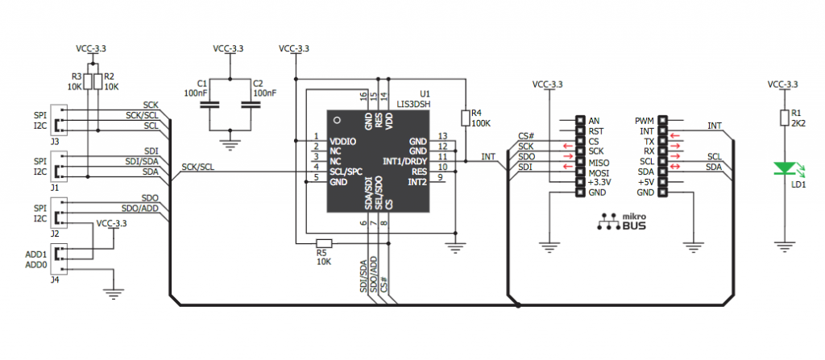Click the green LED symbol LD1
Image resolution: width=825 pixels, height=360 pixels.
(x=784, y=169)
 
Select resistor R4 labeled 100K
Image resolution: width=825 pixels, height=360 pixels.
(x=465, y=118)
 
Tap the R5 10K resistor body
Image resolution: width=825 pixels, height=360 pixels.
(x=324, y=243)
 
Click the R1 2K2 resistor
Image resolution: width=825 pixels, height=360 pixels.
(x=784, y=118)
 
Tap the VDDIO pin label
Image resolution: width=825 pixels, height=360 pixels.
(x=343, y=141)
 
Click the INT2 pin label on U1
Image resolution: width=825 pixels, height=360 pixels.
(x=419, y=181)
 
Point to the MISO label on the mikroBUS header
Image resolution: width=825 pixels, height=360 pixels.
(x=599, y=162)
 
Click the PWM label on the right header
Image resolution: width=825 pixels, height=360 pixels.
(x=645, y=121)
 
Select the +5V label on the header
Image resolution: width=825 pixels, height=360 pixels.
(x=646, y=182)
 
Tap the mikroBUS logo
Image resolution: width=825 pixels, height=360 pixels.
(x=621, y=222)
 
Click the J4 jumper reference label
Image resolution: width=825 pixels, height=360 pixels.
(x=55, y=280)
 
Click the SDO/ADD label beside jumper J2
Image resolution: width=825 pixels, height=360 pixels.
(x=140, y=207)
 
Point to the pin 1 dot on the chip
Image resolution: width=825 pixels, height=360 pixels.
(x=337, y=120)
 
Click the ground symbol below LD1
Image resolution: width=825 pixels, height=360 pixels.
(x=784, y=246)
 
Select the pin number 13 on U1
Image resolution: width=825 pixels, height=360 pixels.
(x=442, y=136)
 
